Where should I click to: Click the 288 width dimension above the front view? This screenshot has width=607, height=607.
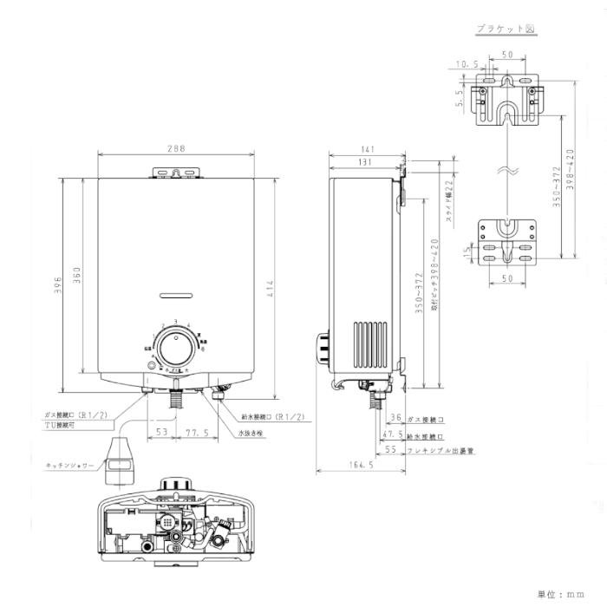[x=176, y=149]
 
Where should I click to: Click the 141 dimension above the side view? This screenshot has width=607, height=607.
[x=366, y=149]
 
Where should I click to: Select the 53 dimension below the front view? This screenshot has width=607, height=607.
[x=161, y=431]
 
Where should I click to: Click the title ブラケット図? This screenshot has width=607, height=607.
[x=506, y=29]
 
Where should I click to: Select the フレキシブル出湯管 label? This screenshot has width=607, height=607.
[x=442, y=451]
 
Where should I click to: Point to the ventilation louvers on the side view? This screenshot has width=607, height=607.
[x=372, y=347]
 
